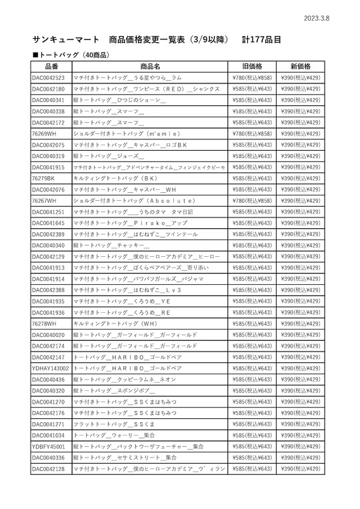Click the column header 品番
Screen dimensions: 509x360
click(x=51, y=67)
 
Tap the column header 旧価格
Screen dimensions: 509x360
click(x=253, y=67)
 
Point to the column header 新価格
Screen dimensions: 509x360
click(x=301, y=67)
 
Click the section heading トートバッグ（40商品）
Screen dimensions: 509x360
click(x=71, y=54)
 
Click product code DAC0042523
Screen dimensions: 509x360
click(x=49, y=78)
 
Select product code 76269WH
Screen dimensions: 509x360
click(x=44, y=133)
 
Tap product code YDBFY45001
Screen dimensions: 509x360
click(x=49, y=446)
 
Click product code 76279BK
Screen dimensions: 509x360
click(x=43, y=178)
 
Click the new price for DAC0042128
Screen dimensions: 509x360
click(x=301, y=469)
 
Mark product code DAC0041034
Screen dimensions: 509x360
click(x=49, y=435)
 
